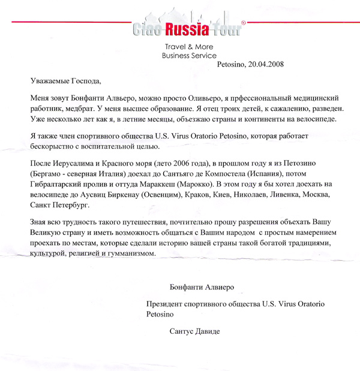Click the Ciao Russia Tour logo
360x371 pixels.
[x=188, y=28]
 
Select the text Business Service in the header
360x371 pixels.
[x=189, y=55]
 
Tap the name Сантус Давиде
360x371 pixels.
[x=195, y=331]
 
